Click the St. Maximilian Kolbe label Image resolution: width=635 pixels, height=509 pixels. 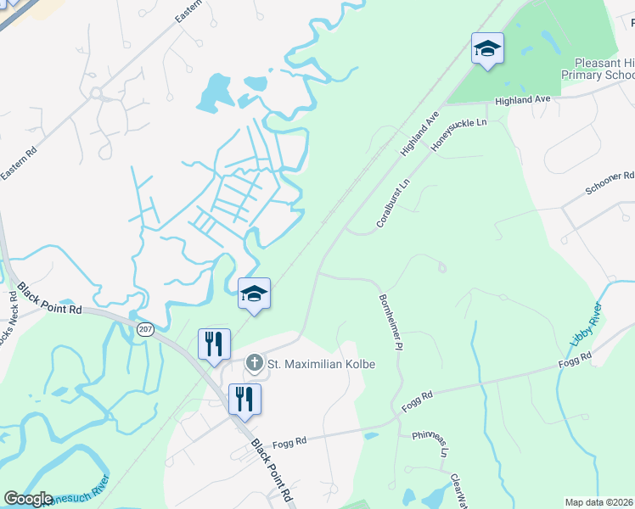pos(321,364)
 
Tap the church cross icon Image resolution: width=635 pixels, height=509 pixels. pos(254,364)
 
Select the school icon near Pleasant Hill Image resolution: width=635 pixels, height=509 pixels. pos(487,49)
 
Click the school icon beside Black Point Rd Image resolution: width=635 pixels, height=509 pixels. pos(254,294)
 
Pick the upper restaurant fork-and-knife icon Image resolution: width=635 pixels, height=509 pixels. pos(214,344)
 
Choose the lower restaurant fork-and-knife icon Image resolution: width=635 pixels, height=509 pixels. pos(244,399)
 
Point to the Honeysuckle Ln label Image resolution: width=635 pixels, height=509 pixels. pos(458,135)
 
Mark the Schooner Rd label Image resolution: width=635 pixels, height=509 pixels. pos(610,182)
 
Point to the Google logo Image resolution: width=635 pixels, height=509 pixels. pos(27,499)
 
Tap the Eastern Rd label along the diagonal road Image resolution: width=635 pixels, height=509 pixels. pos(20,161)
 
